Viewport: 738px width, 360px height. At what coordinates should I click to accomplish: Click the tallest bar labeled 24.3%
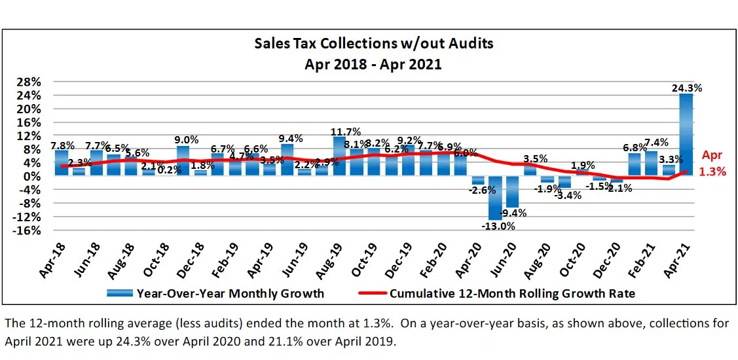coord(686,134)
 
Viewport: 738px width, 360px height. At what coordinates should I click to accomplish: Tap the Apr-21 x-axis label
coord(681,257)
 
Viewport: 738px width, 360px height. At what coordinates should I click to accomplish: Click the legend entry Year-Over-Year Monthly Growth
coord(230,293)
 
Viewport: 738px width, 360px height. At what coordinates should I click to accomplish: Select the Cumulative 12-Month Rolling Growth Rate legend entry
coord(511,293)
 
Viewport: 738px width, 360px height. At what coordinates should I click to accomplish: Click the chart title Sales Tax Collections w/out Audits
coord(373,44)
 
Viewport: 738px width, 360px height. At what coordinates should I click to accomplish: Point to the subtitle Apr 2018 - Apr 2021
coord(373,63)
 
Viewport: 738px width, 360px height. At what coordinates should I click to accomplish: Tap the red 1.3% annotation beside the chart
coord(713,172)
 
